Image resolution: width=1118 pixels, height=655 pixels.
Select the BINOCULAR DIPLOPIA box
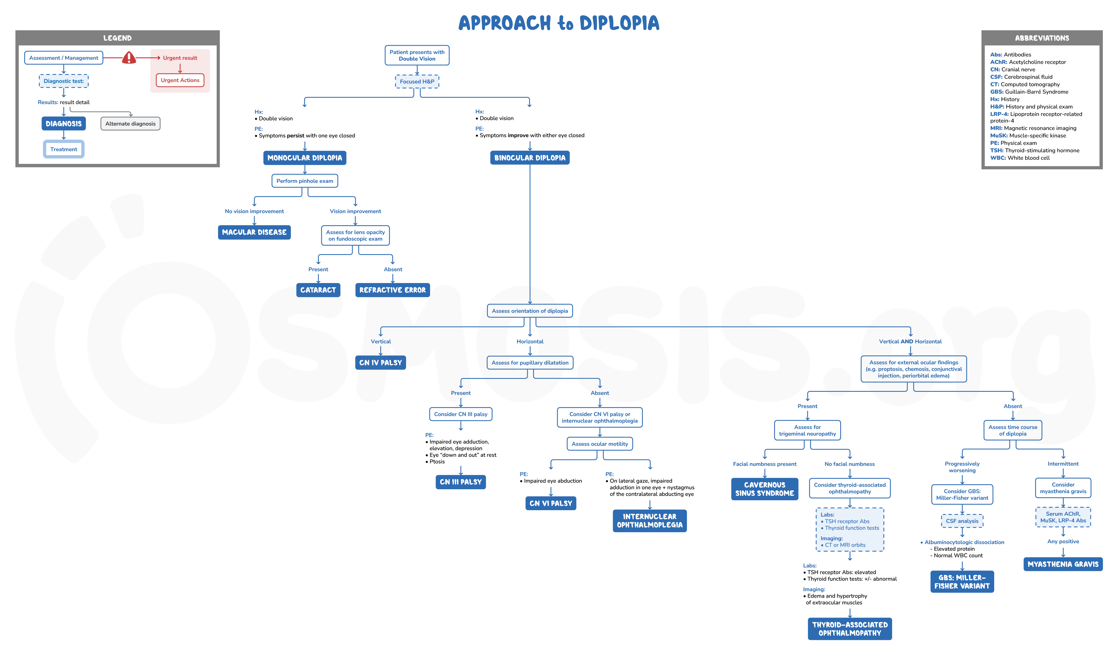point(529,158)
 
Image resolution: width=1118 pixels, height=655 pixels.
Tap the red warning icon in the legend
point(129,58)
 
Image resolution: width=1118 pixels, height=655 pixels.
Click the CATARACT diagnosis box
point(318,290)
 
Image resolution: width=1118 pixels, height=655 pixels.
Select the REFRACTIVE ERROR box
point(392,290)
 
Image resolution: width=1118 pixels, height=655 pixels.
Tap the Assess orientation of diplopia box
point(529,311)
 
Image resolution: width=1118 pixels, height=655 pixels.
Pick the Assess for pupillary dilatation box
point(529,363)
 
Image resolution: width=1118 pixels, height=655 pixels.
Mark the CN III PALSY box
point(461,482)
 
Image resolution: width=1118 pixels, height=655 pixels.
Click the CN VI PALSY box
point(551,503)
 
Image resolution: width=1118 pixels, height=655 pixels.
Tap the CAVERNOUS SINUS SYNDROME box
point(765,489)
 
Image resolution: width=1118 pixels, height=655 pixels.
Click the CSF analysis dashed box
point(962,521)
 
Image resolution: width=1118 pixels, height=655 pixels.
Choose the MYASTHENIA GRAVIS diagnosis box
point(1063,564)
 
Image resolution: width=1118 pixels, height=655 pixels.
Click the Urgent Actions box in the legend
point(180,80)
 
